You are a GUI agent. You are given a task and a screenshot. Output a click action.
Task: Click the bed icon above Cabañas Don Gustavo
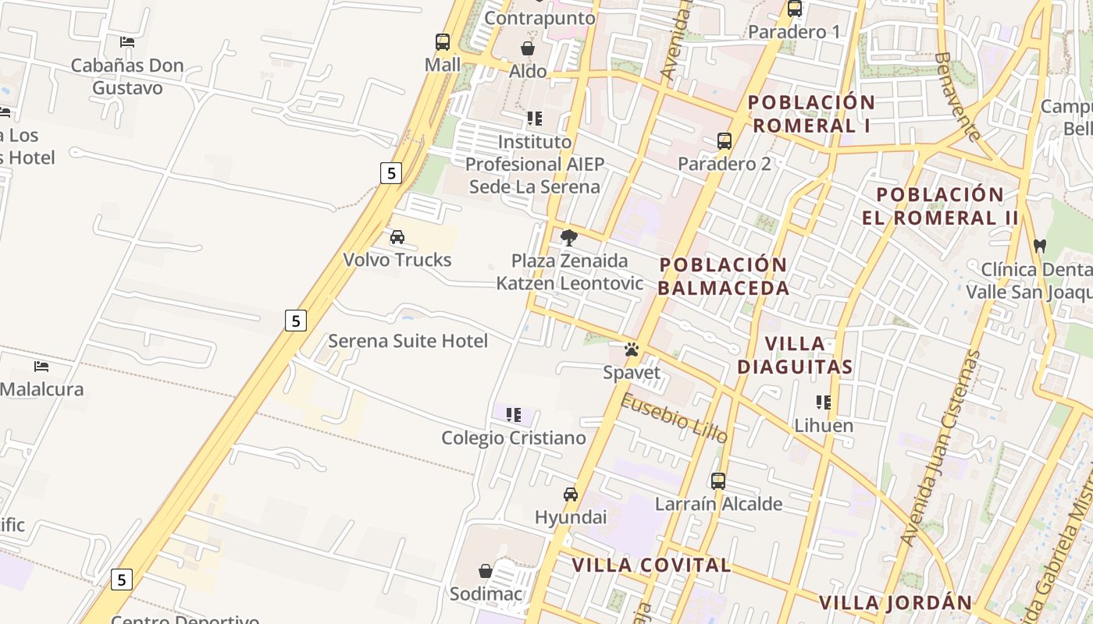(127, 42)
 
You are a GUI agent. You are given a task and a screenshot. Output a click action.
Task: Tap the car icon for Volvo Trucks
(397, 237)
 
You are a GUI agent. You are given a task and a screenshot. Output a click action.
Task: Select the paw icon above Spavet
(632, 349)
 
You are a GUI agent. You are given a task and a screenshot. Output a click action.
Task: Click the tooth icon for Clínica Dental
(1039, 246)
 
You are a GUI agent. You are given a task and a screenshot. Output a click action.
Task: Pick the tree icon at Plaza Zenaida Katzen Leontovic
(569, 237)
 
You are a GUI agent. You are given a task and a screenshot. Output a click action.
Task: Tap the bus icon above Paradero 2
(725, 141)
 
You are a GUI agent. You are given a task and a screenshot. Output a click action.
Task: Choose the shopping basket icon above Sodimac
(486, 571)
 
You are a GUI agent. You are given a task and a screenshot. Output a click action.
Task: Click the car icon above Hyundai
(571, 495)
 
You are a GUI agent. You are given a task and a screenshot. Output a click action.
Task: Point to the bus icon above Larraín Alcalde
(718, 481)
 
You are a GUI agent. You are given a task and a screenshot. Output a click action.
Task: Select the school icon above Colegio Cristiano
(513, 415)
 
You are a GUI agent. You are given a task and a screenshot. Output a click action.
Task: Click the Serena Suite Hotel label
(408, 341)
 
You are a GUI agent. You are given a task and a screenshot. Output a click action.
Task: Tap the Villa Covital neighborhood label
(651, 565)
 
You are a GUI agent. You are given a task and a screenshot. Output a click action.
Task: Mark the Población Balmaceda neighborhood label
(723, 276)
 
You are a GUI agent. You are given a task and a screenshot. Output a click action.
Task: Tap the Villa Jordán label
(895, 602)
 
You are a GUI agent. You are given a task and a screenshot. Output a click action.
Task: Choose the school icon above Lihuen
(823, 402)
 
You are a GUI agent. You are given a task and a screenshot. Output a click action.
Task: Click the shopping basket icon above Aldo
(528, 48)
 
